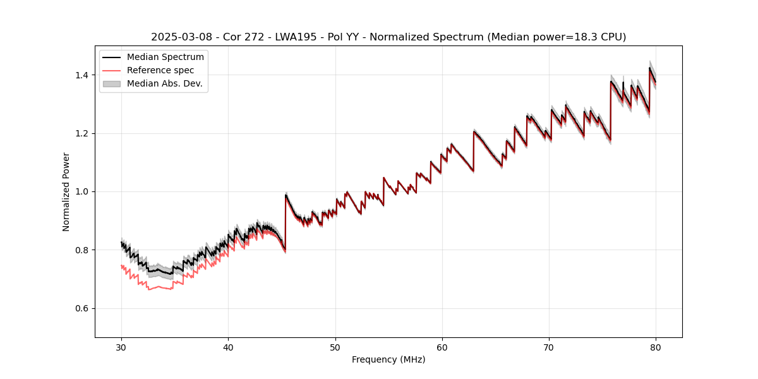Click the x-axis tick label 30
click(121, 347)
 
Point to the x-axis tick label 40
click(228, 347)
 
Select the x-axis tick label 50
click(335, 347)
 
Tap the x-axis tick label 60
click(442, 347)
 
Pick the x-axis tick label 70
click(549, 347)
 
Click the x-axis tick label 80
click(656, 347)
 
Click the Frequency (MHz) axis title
click(388, 359)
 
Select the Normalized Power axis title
click(66, 191)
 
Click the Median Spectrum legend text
click(165, 57)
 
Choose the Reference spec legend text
click(160, 70)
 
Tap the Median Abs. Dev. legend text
click(165, 83)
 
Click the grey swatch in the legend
click(113, 83)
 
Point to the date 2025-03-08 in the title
click(179, 37)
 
